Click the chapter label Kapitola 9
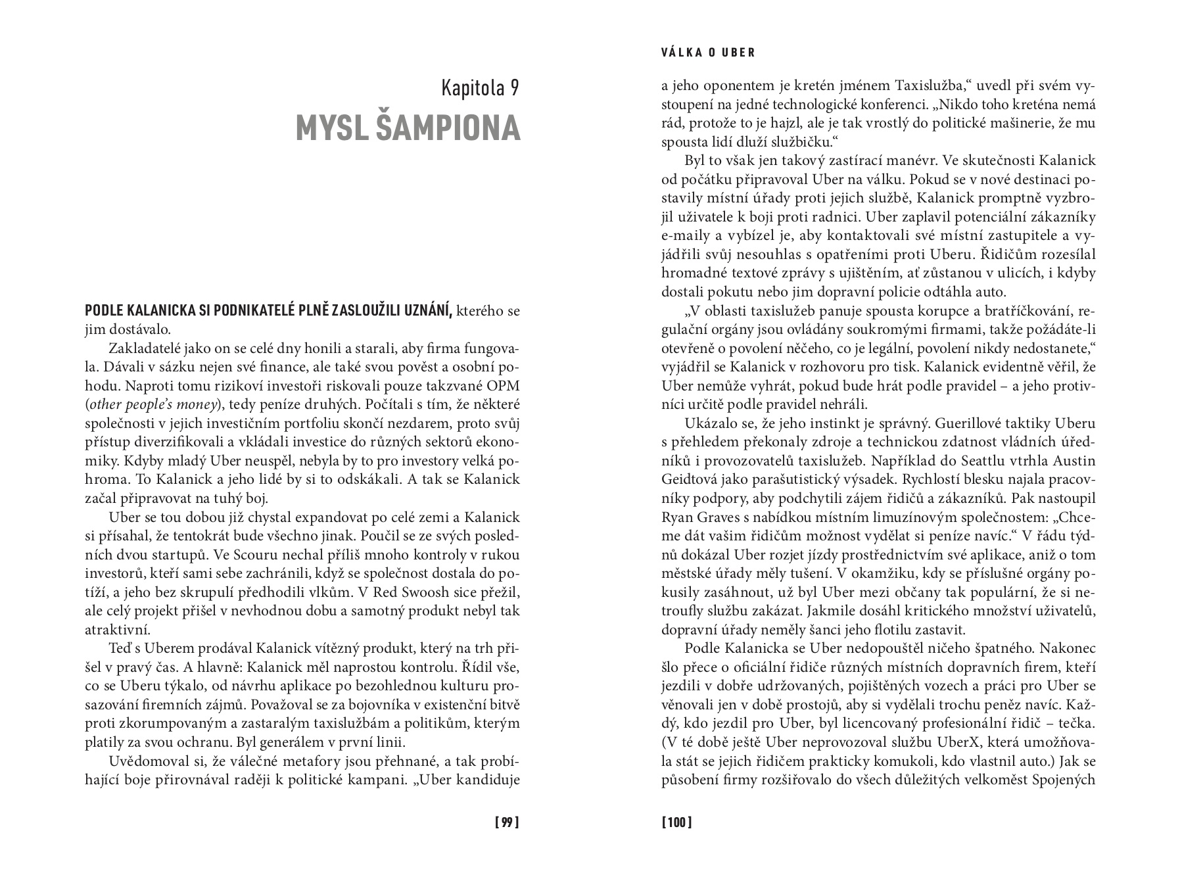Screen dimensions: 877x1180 click(480, 88)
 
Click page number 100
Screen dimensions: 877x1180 click(676, 822)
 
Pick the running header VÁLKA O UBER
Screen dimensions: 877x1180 click(707, 53)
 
